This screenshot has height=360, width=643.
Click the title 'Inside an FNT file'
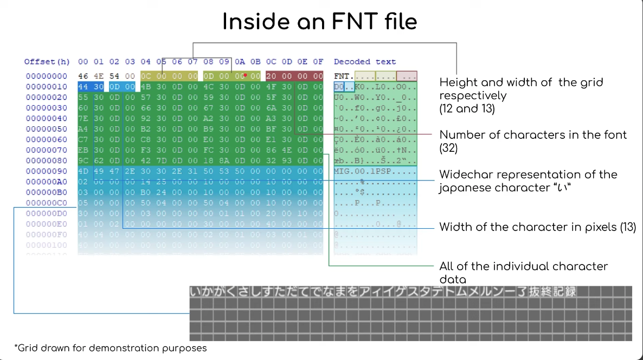click(320, 22)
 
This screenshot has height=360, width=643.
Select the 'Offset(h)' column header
click(47, 62)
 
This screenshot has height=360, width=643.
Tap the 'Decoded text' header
click(365, 62)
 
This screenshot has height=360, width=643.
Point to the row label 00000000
click(47, 76)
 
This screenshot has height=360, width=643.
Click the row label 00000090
click(47, 171)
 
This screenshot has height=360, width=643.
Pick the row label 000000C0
click(47, 203)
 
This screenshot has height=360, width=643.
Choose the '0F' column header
click(318, 62)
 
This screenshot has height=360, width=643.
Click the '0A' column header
click(240, 62)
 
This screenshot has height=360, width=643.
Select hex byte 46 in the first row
click(83, 76)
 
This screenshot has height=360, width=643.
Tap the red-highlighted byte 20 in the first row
click(271, 76)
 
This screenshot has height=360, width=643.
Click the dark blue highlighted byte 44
click(83, 87)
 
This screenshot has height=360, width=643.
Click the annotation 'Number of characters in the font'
click(533, 134)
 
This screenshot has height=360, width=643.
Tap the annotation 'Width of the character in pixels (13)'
click(537, 227)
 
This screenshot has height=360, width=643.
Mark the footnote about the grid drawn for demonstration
click(111, 348)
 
